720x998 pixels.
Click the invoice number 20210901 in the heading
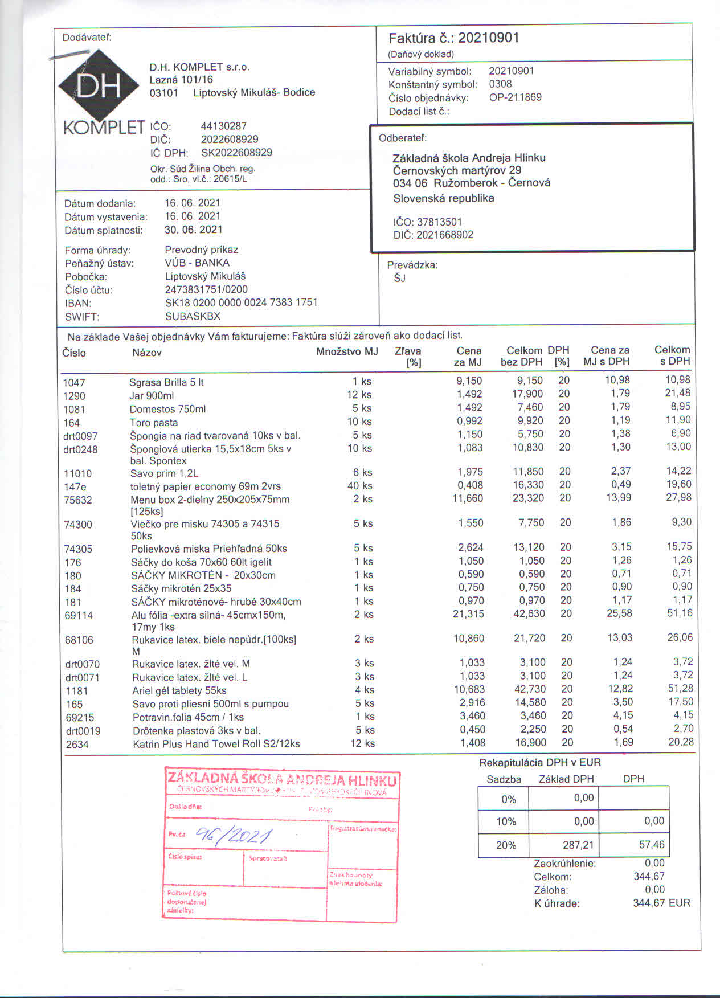coord(488,38)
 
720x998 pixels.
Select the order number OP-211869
coord(515,97)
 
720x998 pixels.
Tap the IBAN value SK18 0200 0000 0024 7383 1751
coord(241,302)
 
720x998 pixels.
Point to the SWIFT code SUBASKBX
coord(193,316)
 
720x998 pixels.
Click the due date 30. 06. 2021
coord(193,230)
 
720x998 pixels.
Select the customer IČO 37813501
coord(439,222)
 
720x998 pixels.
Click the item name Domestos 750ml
coord(167,409)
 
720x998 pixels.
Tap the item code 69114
coord(79,615)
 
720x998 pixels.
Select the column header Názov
coord(147,353)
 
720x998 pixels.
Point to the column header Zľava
coord(408,351)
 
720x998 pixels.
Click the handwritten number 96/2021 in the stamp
coord(234,836)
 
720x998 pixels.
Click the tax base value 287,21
coord(578,845)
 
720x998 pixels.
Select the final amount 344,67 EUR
coord(661,903)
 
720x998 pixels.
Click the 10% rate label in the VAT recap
coord(506,821)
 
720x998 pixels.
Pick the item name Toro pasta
coord(154,423)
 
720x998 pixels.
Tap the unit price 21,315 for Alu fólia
coord(468,614)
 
